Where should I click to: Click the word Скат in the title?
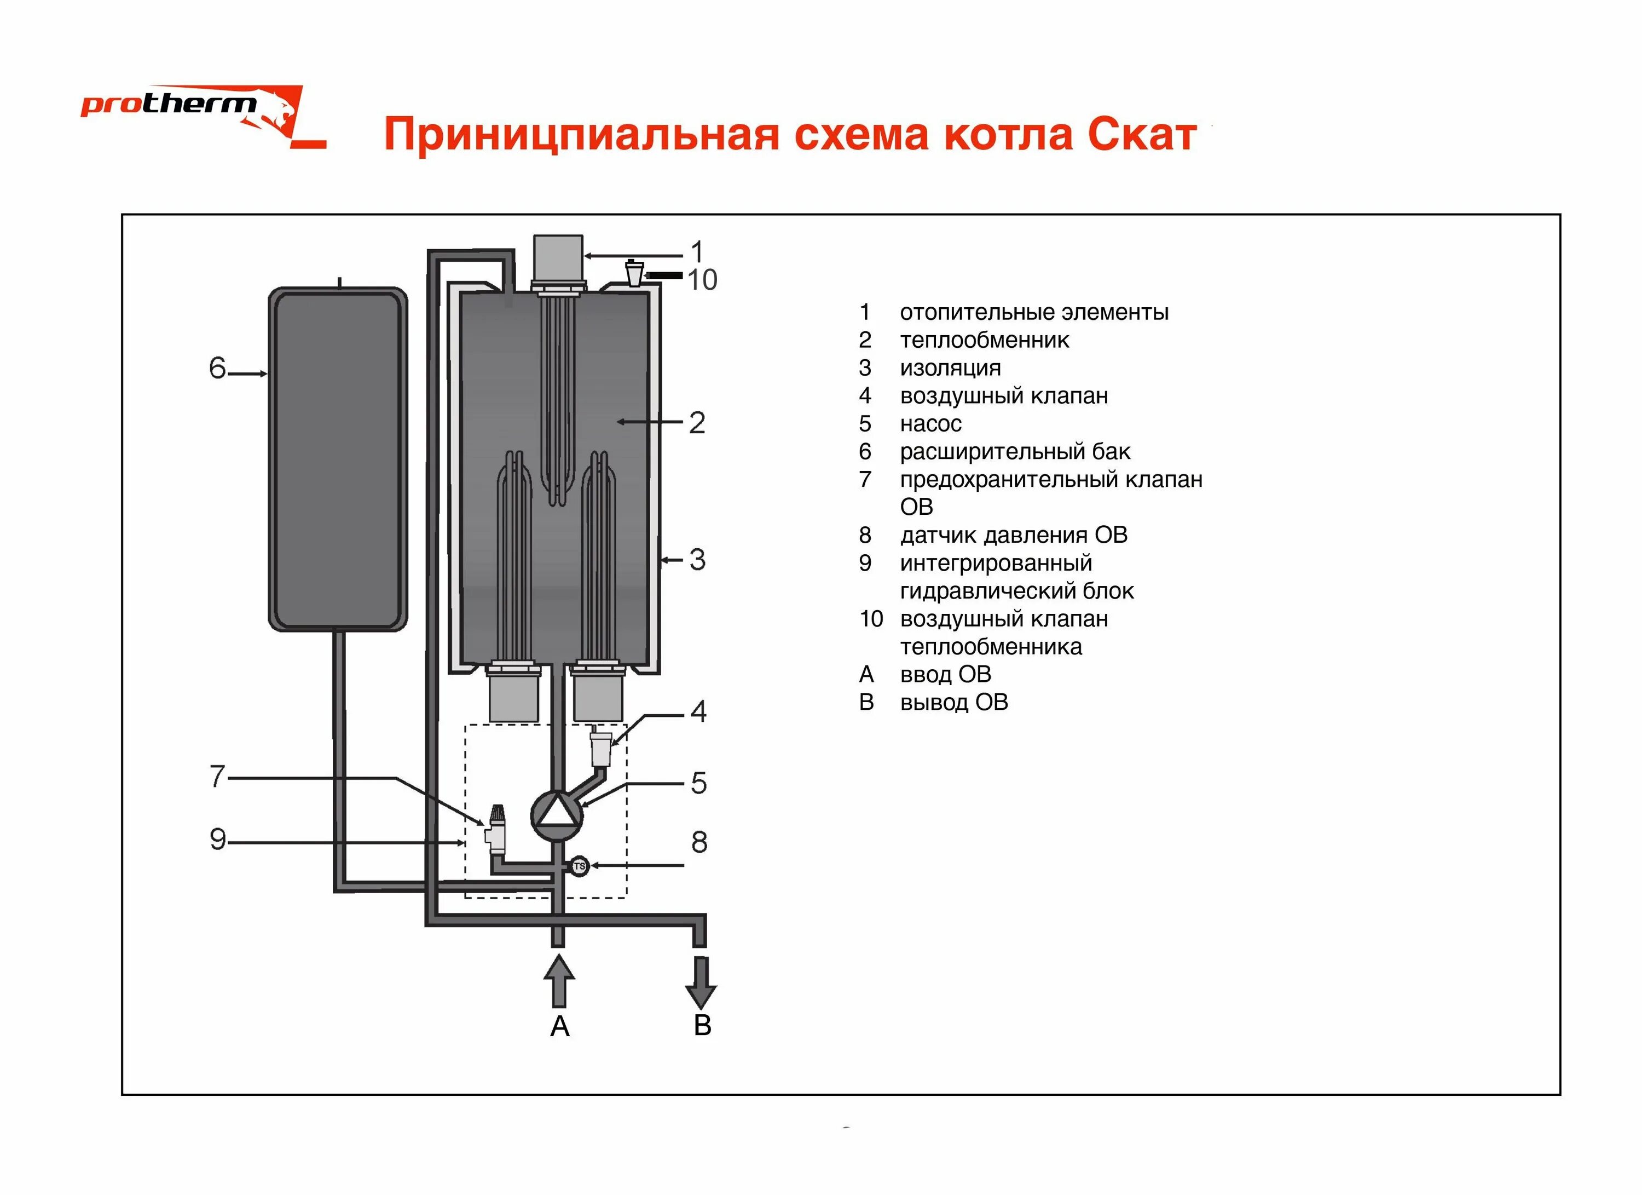click(1141, 135)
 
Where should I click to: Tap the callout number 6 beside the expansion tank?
click(217, 369)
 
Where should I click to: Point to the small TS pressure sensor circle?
click(579, 866)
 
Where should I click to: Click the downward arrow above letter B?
click(700, 982)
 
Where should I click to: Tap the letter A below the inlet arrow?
click(559, 1027)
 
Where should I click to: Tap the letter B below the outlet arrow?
click(702, 1026)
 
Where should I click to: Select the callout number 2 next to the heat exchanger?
click(696, 423)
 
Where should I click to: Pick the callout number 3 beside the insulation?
click(696, 560)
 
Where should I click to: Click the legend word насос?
click(930, 424)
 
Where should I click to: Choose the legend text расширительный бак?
click(1014, 452)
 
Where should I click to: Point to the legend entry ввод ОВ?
click(945, 674)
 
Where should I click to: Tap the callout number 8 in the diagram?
click(698, 842)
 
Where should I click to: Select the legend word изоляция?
click(950, 368)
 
